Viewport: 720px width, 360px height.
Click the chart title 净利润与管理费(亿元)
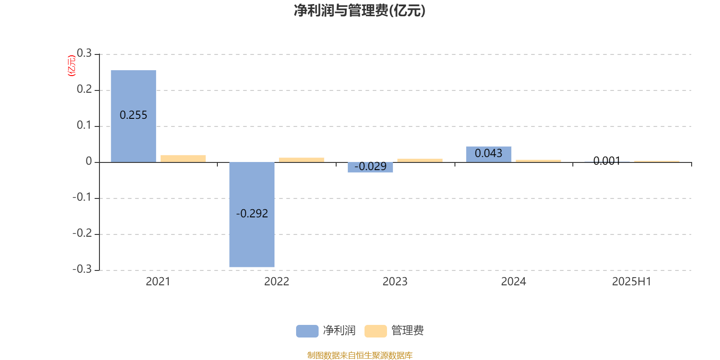360,10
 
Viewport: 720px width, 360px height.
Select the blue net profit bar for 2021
133,116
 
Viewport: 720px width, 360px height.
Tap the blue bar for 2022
252,214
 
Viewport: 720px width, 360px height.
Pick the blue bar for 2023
370,167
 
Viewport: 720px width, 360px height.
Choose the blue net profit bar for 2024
489,154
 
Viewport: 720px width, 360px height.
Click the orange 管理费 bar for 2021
183,159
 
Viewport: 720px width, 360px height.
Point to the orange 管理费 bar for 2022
301,160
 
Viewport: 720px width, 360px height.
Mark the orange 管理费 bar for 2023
420,160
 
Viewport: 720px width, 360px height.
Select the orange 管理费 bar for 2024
538,161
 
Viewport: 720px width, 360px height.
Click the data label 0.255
133,115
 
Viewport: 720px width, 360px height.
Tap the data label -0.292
252,213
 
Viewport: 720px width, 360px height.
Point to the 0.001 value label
607,161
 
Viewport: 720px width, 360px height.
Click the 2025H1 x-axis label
632,282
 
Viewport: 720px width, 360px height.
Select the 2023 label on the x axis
395,282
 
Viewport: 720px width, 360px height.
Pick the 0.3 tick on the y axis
84,53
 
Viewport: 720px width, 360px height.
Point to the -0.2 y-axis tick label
82,233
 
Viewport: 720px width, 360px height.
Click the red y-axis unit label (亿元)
72,66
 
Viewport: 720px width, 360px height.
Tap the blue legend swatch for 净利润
307,331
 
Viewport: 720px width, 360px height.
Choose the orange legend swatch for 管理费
375,331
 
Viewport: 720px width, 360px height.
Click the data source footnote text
360,355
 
